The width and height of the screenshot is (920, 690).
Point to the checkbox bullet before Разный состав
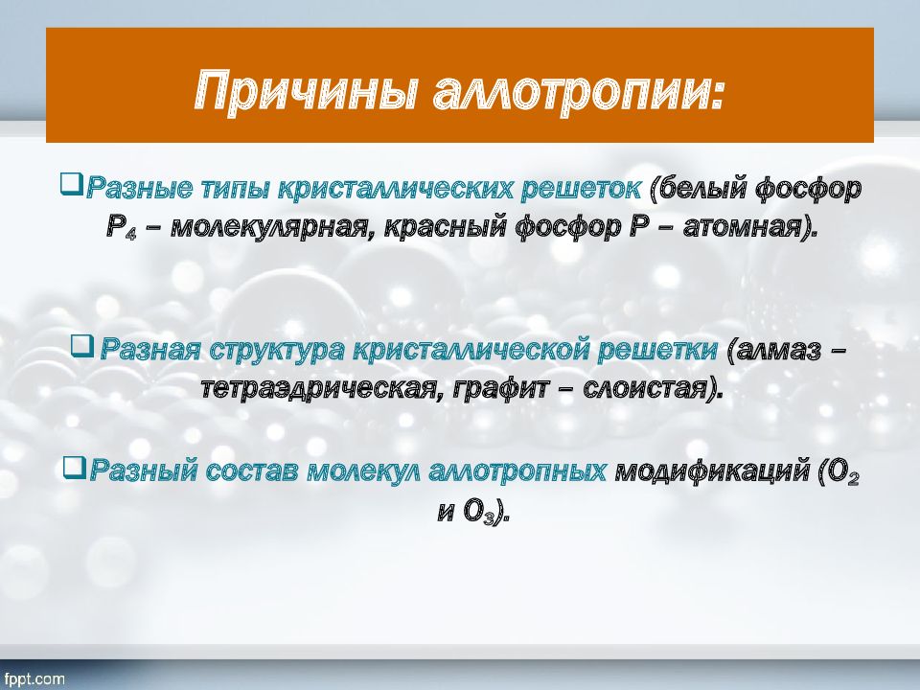click(x=74, y=468)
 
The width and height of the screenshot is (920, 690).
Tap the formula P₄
click(x=122, y=228)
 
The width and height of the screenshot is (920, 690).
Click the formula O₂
click(x=841, y=472)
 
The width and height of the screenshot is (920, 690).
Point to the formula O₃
click(x=476, y=512)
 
